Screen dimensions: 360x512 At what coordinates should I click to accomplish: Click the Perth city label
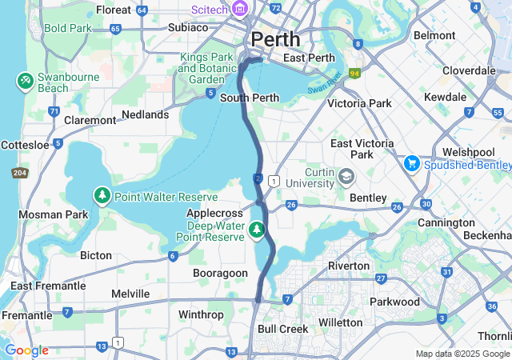(x=276, y=38)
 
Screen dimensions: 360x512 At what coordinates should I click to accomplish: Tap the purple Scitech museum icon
(x=240, y=10)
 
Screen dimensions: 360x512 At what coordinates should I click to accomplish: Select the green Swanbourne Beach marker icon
(x=25, y=80)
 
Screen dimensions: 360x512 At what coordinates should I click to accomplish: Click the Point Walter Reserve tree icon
(x=102, y=196)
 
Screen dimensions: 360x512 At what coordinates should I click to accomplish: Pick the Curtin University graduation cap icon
(x=346, y=175)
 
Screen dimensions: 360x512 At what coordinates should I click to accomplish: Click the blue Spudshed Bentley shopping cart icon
(x=413, y=163)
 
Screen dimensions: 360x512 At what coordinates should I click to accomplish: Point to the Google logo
(x=26, y=350)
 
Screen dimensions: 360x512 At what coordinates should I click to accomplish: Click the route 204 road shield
(x=19, y=173)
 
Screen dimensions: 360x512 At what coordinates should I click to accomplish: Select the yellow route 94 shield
(x=354, y=73)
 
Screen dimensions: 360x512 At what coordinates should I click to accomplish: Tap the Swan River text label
(x=325, y=83)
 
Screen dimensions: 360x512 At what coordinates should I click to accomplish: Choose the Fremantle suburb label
(x=26, y=315)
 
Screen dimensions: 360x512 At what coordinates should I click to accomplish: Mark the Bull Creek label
(x=282, y=329)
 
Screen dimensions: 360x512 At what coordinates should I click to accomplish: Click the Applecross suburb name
(x=214, y=214)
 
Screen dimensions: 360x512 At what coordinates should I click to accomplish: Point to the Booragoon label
(x=220, y=273)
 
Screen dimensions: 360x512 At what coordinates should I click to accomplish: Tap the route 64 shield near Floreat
(x=142, y=10)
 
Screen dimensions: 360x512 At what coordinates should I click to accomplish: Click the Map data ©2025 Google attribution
(x=462, y=354)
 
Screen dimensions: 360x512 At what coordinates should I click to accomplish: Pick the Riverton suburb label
(x=349, y=265)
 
